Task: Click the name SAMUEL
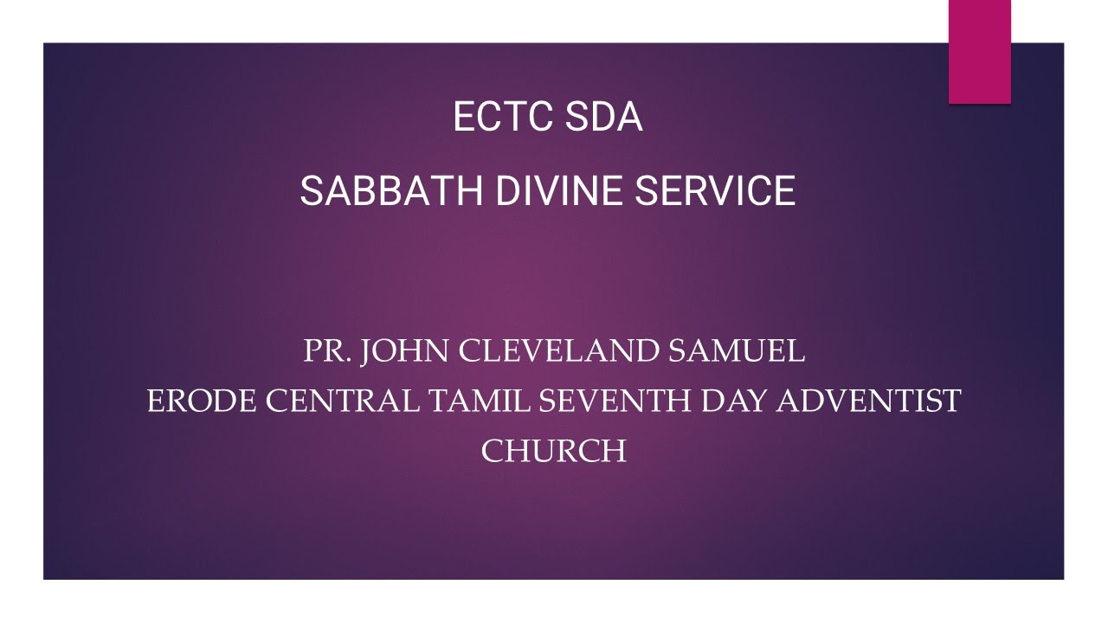point(737,351)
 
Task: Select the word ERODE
point(201,401)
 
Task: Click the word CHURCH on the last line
point(554,451)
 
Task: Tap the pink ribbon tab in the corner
point(980,52)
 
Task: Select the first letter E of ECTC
point(463,118)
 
